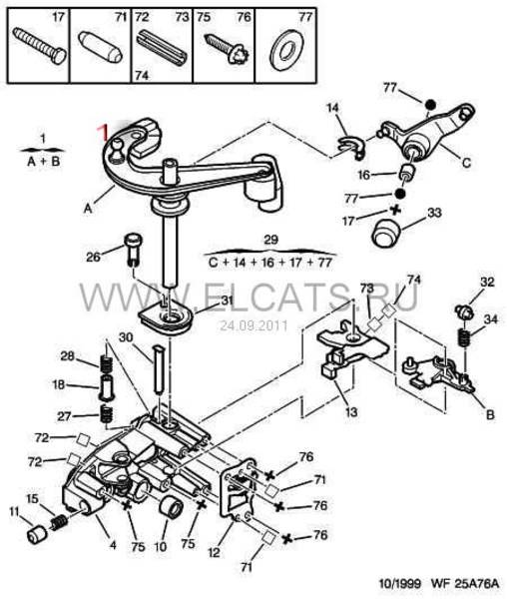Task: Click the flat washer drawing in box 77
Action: pos(286,50)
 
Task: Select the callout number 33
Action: pos(434,214)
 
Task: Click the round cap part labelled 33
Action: pos(385,232)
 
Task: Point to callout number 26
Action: pos(93,258)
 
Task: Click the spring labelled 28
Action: pos(106,364)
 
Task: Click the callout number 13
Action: pos(351,412)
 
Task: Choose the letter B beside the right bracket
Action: pos(490,414)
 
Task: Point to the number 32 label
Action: pos(487,283)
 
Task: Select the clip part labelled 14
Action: pos(351,147)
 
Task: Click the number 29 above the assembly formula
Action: pos(271,240)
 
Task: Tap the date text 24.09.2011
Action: pos(253,325)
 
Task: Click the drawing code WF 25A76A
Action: pos(465,584)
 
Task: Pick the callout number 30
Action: pos(126,337)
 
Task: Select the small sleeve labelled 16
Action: pos(407,173)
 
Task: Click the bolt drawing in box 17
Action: pos(39,47)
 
